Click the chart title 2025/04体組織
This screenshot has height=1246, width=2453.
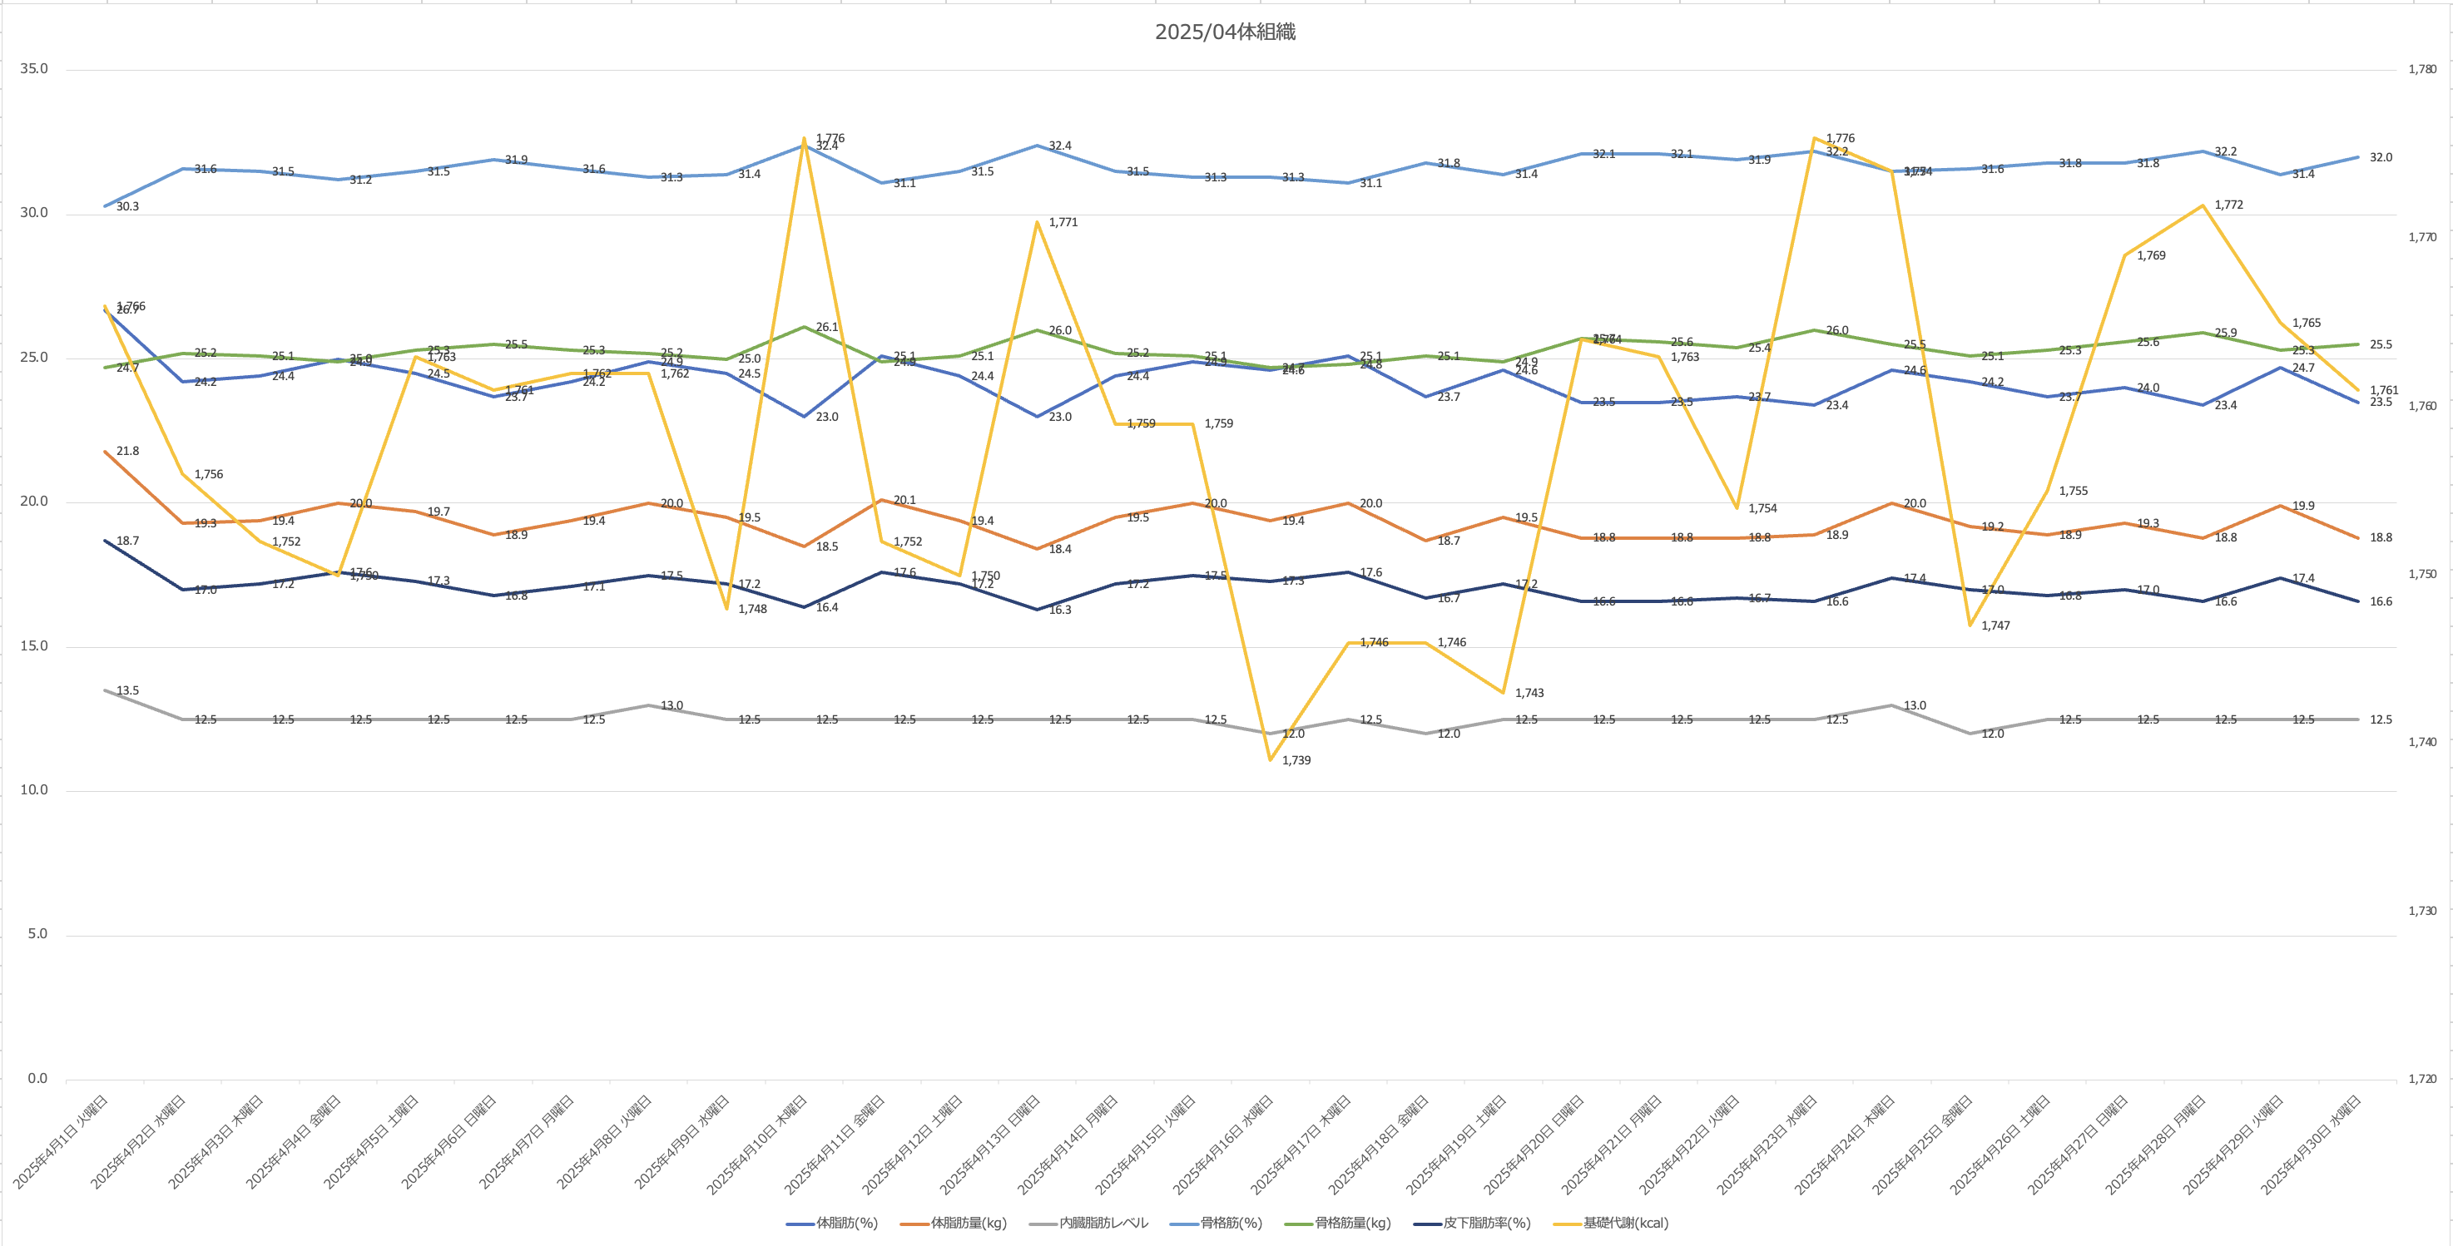pyautogui.click(x=1225, y=32)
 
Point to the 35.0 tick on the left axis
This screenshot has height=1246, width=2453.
pyautogui.click(x=33, y=68)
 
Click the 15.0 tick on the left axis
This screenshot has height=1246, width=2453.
pyautogui.click(x=33, y=646)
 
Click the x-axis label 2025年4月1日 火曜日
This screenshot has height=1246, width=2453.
pyautogui.click(x=62, y=1141)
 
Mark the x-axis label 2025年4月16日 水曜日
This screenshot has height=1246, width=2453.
pyautogui.click(x=1224, y=1143)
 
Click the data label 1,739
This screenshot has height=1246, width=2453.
pyautogui.click(x=1296, y=760)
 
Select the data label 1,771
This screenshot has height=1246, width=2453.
pyautogui.click(x=1063, y=223)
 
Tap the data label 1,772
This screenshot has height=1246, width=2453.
pyautogui.click(x=2228, y=205)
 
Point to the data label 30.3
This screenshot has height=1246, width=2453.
pyautogui.click(x=126, y=206)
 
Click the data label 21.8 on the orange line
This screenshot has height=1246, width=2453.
pyautogui.click(x=126, y=451)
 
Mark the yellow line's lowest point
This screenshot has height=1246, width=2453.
pyautogui.click(x=1271, y=759)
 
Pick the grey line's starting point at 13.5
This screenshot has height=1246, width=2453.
pyautogui.click(x=106, y=690)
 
